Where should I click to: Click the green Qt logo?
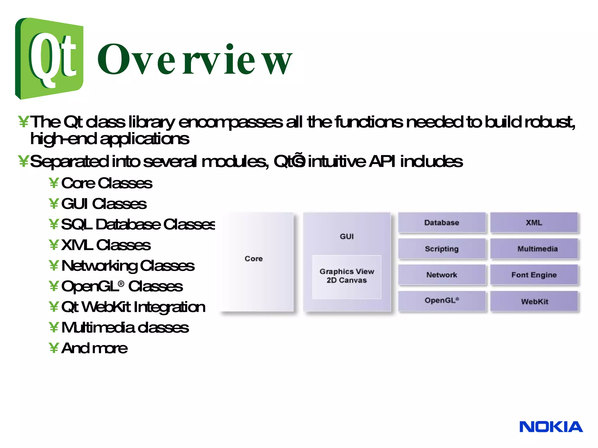49,58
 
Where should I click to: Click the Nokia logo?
551,427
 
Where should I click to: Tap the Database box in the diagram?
441,223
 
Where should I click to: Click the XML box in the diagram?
534,223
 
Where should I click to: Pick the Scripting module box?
441,249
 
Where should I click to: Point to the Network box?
441,275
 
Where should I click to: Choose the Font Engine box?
534,275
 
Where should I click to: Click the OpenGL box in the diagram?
441,301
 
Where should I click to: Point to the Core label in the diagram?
253,259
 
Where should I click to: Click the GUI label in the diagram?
347,236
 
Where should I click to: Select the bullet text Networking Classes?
128,266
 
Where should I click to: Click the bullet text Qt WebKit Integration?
133,307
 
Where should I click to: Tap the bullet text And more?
94,348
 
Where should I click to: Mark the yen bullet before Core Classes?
54,183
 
